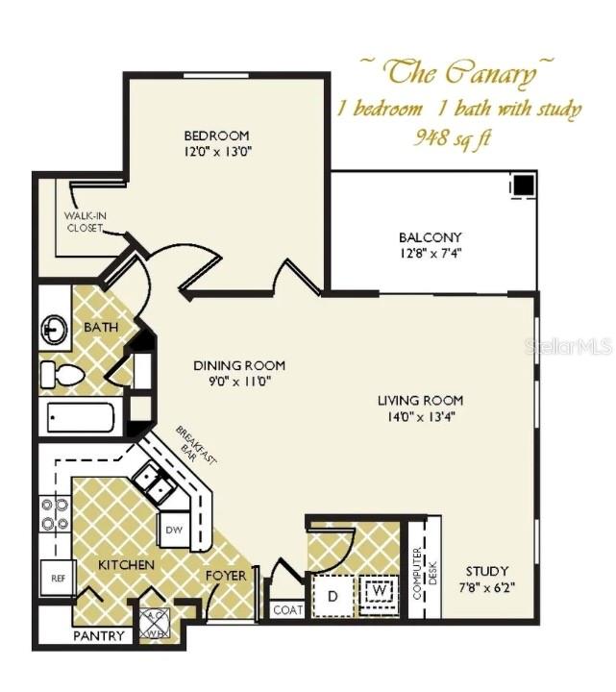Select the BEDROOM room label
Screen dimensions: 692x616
pyautogui.click(x=216, y=135)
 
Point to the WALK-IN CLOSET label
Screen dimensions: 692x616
pyautogui.click(x=86, y=222)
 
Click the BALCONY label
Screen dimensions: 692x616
pyautogui.click(x=430, y=237)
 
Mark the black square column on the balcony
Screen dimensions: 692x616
pyautogui.click(x=523, y=184)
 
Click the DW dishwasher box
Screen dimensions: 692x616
pyautogui.click(x=174, y=529)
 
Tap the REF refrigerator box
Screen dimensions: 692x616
pyautogui.click(x=57, y=579)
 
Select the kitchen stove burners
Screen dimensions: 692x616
pyautogui.click(x=53, y=514)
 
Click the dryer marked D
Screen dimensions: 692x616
pyautogui.click(x=333, y=596)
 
